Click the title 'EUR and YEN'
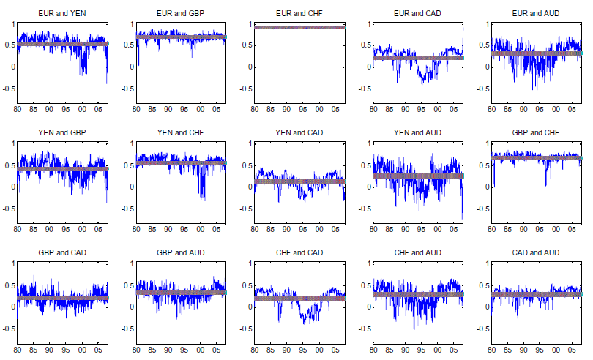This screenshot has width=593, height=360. click(61, 14)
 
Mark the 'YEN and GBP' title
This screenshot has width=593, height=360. click(61, 133)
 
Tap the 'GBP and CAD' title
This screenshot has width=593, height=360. click(61, 253)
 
